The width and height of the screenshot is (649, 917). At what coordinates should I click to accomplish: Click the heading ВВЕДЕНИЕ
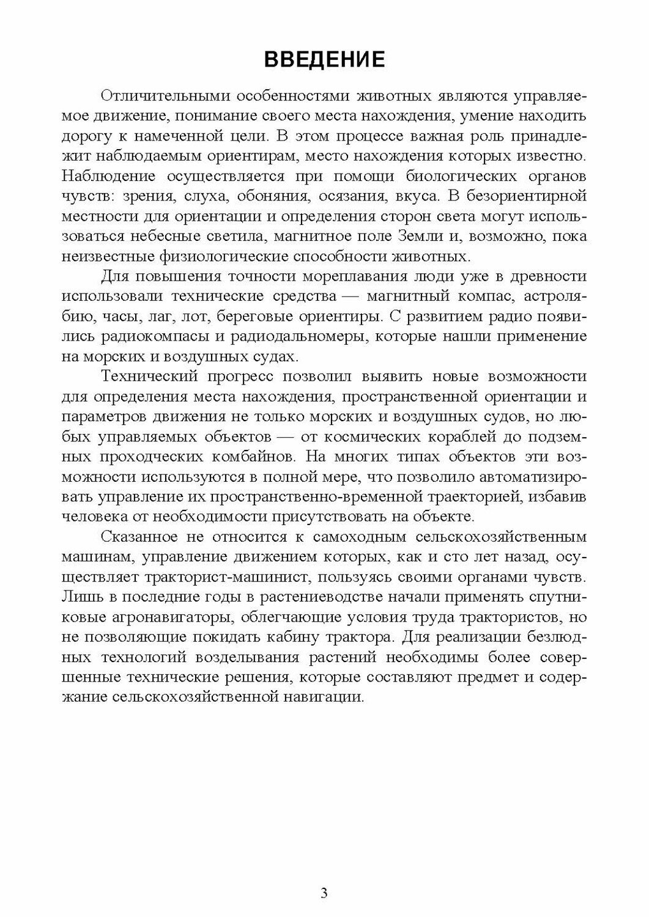[324, 59]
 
